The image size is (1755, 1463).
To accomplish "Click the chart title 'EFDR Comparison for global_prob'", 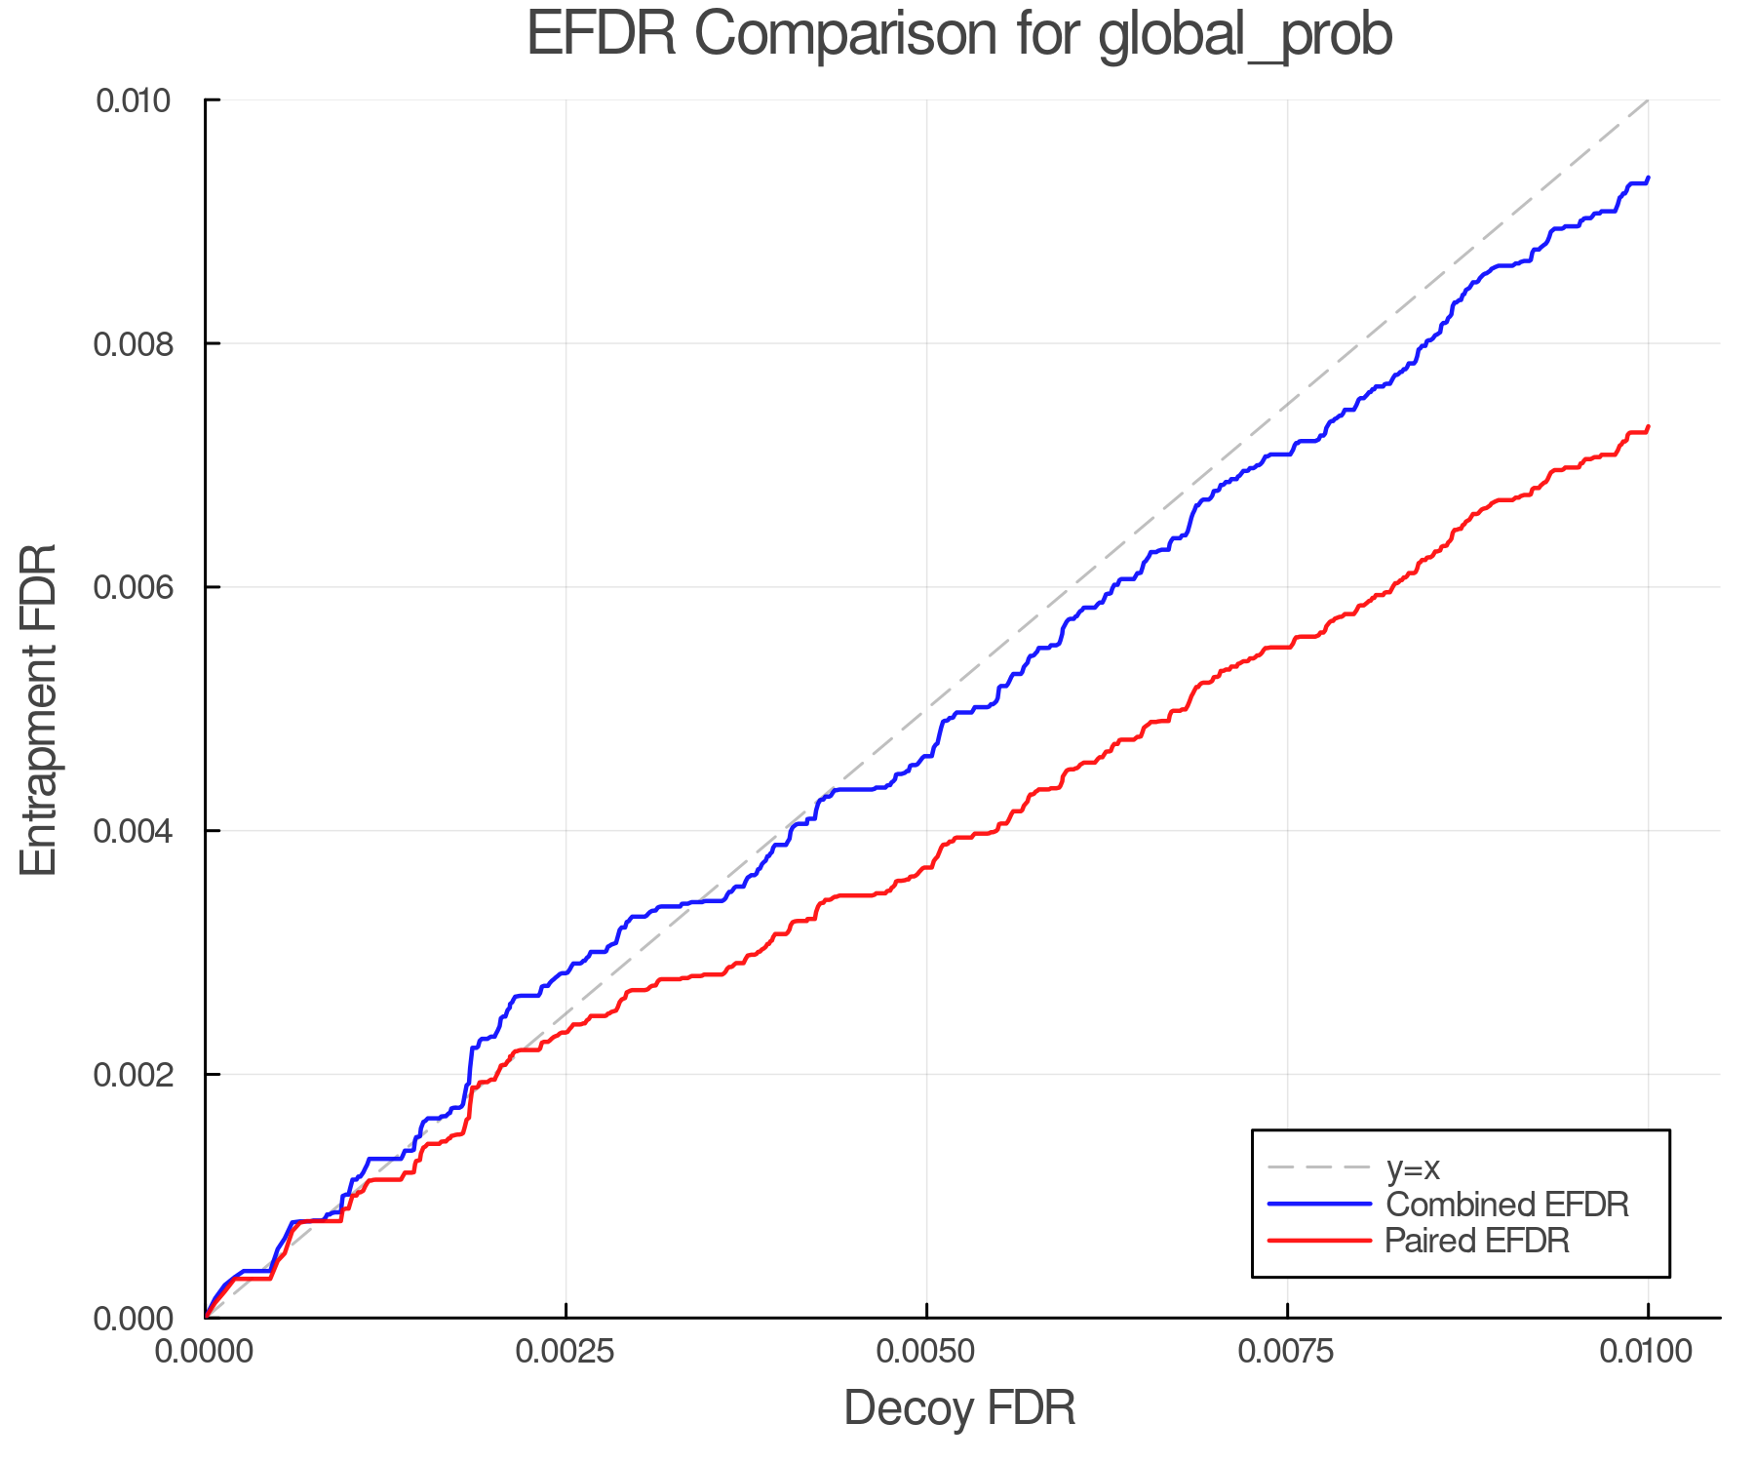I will click(x=959, y=35).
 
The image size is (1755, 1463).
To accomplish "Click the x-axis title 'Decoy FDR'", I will click(x=959, y=1408).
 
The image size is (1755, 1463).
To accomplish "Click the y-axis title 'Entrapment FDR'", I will click(x=40, y=709).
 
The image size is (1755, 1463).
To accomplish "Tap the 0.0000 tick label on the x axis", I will click(x=205, y=1352).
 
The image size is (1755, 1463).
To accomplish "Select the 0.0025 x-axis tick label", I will click(x=565, y=1352).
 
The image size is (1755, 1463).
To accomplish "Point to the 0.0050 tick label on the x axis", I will click(x=926, y=1352).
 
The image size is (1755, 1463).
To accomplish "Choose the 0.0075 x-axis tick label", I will click(x=1287, y=1352).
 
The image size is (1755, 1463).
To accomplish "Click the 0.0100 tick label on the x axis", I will click(x=1648, y=1352).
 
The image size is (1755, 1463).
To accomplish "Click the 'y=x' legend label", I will click(x=1413, y=1167).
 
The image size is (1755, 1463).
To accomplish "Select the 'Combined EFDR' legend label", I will click(x=1507, y=1205).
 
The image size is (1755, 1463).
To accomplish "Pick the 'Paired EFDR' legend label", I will click(x=1477, y=1241).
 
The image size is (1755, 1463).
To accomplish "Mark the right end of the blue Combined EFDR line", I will click(x=1648, y=178).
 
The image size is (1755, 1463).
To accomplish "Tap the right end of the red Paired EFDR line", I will click(x=1648, y=426).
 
